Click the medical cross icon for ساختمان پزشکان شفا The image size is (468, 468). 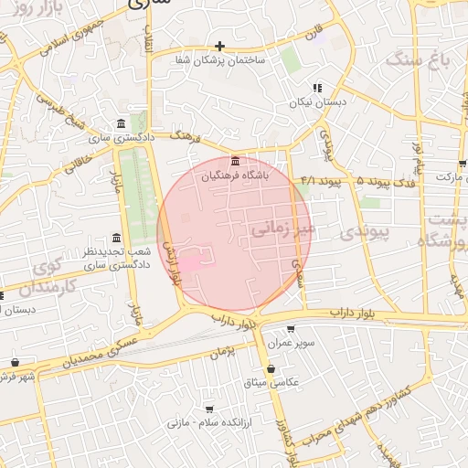(x=219, y=46)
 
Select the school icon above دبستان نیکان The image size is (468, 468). (x=317, y=88)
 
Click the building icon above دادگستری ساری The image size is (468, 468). (x=122, y=124)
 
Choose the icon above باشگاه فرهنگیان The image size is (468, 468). (x=236, y=161)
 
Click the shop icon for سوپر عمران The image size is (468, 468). (x=291, y=329)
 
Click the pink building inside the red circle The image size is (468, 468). (x=193, y=263)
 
